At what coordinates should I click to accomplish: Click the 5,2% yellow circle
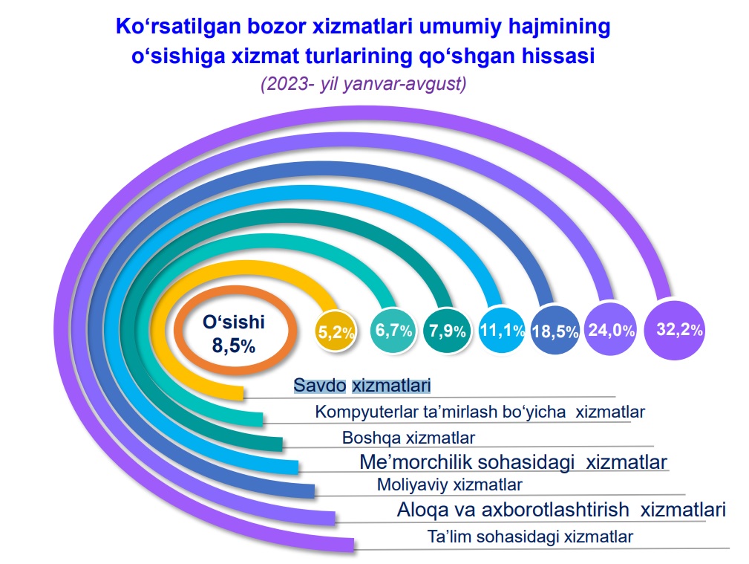[x=336, y=331]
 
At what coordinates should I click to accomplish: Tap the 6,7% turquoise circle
[x=393, y=331]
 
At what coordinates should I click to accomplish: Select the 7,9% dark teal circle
[x=447, y=331]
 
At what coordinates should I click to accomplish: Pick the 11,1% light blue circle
[x=502, y=330]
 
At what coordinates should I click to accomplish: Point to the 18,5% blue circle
[x=555, y=330]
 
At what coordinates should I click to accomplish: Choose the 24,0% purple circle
[x=611, y=329]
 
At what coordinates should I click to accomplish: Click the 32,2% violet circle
[x=674, y=329]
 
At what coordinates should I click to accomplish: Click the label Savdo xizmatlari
[x=362, y=385]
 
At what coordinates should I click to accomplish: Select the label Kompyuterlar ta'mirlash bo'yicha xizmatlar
[x=480, y=412]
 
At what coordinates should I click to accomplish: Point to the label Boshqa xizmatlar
[x=409, y=438]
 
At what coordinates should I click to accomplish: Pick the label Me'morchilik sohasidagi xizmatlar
[x=513, y=462]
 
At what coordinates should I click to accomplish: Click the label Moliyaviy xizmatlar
[x=450, y=485]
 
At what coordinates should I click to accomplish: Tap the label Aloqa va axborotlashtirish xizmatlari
[x=561, y=510]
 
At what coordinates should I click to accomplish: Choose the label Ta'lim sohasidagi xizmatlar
[x=530, y=537]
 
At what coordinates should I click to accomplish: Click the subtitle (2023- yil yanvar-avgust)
[x=364, y=84]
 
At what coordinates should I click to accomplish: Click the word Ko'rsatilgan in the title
[x=178, y=26]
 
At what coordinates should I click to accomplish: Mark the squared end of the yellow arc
[x=243, y=392]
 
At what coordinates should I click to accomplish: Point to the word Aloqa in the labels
[x=422, y=510]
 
